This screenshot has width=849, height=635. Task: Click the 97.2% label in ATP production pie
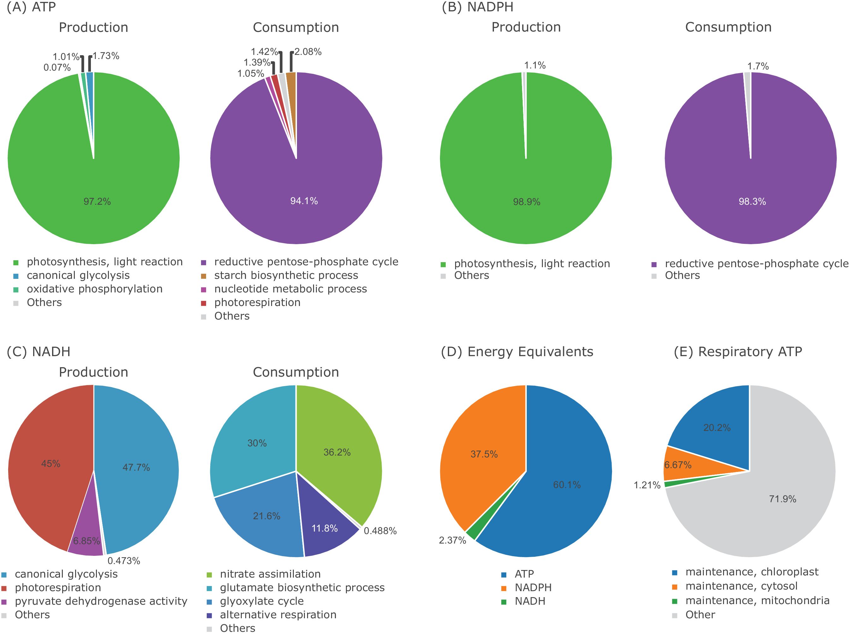click(x=97, y=202)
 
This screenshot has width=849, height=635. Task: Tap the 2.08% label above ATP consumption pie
click(x=308, y=52)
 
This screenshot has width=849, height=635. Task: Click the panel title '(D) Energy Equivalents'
click(x=517, y=352)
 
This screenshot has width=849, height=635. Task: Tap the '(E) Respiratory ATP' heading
click(x=738, y=352)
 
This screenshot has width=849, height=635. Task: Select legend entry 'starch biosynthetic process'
click(x=286, y=275)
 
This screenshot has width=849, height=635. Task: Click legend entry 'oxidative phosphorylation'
click(x=94, y=289)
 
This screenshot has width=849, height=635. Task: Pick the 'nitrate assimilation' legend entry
click(x=270, y=574)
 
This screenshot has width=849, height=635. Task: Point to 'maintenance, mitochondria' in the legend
click(x=757, y=601)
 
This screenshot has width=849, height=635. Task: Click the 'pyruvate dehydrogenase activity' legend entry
click(x=101, y=601)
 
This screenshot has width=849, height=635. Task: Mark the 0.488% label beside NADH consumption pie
click(x=380, y=531)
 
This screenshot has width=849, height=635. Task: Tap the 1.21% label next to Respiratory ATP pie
click(x=647, y=485)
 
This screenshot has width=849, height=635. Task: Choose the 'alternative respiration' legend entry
click(x=278, y=615)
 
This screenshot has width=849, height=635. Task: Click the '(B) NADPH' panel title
click(x=478, y=7)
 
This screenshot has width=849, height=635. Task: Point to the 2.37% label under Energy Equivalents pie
click(x=452, y=541)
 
